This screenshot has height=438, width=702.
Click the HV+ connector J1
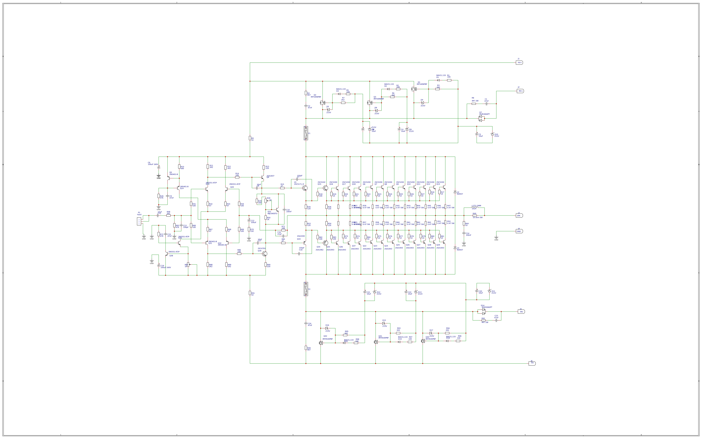tap(519, 63)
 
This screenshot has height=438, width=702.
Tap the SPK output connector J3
tap(519, 215)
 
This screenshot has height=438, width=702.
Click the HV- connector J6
tap(532, 363)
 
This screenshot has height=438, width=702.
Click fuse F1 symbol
tap(306, 133)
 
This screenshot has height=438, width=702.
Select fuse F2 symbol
tap(306, 289)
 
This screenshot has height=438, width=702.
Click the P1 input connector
tap(139, 222)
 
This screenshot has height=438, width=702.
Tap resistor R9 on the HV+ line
tap(250, 138)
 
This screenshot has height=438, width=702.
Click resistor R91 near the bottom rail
tap(250, 293)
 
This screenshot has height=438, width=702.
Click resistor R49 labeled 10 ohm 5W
tap(475, 215)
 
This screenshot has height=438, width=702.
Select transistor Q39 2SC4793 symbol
tap(264, 254)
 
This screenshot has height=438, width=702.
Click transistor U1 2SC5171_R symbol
tap(305, 188)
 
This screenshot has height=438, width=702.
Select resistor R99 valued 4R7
tap(306, 348)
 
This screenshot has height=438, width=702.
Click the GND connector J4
tap(519, 232)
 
